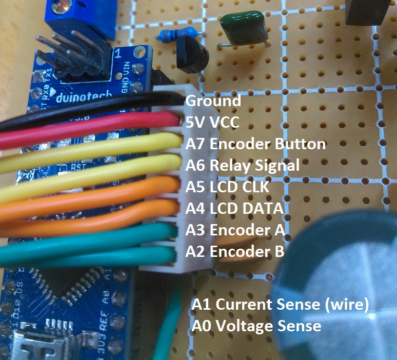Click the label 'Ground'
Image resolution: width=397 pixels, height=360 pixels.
(x=213, y=101)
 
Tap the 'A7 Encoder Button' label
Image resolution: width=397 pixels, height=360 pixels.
(x=255, y=144)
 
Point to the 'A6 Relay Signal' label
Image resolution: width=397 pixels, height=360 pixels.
(x=242, y=165)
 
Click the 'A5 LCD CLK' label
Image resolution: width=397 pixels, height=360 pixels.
(x=227, y=187)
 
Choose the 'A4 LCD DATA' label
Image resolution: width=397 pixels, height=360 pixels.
(x=234, y=208)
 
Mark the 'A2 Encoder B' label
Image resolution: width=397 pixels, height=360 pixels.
(x=235, y=251)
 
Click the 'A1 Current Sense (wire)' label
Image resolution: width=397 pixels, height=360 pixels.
(x=280, y=304)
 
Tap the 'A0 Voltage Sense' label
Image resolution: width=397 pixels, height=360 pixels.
(x=256, y=326)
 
